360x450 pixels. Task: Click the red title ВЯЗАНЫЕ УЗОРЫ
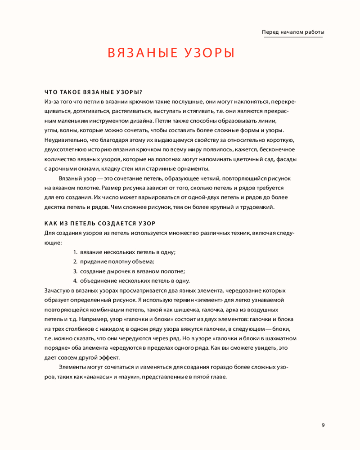tap(171, 53)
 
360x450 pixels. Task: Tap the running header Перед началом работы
tap(293, 32)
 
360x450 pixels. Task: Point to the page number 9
tap(323, 425)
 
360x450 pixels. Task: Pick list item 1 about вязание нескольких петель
tap(124, 252)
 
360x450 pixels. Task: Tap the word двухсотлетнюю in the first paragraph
tap(64, 149)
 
